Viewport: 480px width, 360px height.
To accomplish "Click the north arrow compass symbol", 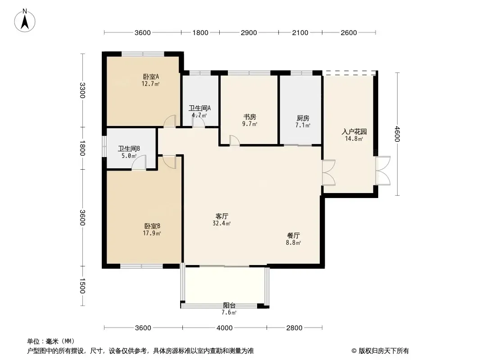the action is pos(25,21).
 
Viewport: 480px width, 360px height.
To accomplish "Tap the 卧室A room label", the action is pos(150,76).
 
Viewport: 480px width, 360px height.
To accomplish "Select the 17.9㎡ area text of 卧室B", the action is pos(152,234).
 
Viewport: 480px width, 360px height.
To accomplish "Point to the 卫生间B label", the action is pos(129,148).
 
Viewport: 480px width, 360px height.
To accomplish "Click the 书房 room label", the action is pos(250,117).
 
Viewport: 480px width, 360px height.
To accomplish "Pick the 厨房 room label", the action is pos(303,118).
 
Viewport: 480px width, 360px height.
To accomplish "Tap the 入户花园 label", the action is pos(354,132).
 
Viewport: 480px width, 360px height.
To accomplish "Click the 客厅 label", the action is pos(222,216).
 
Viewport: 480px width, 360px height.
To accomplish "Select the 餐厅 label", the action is pos(293,235).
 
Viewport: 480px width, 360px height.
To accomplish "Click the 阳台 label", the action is pos(229,305).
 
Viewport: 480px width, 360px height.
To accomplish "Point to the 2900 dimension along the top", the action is pos(249,32).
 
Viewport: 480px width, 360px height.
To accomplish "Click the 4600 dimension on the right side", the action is pos(397,134).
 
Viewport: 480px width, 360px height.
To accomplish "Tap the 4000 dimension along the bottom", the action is pos(224,328).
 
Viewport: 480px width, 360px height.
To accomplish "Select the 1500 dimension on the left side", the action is pos(82,286).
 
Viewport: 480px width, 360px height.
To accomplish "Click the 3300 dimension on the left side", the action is pos(82,90).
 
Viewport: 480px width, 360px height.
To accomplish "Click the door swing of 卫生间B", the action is pos(139,162).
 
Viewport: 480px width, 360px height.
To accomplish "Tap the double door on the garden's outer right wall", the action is pos(383,171).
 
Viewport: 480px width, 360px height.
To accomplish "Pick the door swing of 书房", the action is pos(235,140).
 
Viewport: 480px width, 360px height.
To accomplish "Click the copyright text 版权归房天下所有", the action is pos(384,351).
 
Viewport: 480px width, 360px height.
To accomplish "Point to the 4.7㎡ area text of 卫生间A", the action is pos(199,115).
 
